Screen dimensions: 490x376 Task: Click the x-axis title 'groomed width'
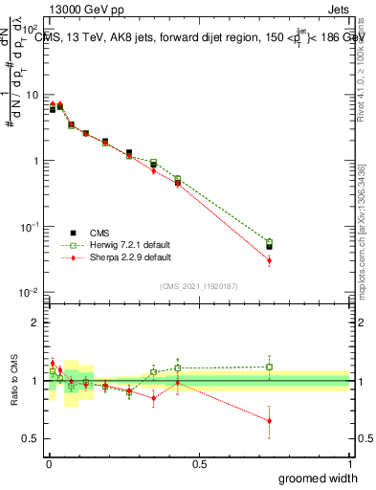point(321,478)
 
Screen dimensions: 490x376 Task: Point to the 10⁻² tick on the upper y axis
point(32,292)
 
